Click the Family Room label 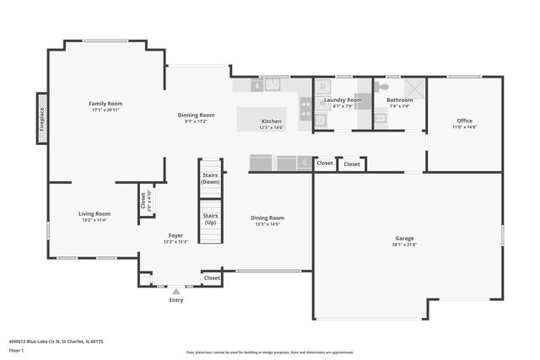click(106, 104)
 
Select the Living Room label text click(94, 213)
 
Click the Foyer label click(175, 235)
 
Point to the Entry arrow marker click(175, 292)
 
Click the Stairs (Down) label click(210, 178)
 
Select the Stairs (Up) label click(210, 218)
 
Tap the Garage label click(404, 239)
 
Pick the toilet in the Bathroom click(383, 86)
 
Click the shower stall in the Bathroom click(413, 89)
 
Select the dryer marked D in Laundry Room click(323, 86)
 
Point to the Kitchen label click(272, 121)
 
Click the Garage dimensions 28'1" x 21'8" click(404, 244)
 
